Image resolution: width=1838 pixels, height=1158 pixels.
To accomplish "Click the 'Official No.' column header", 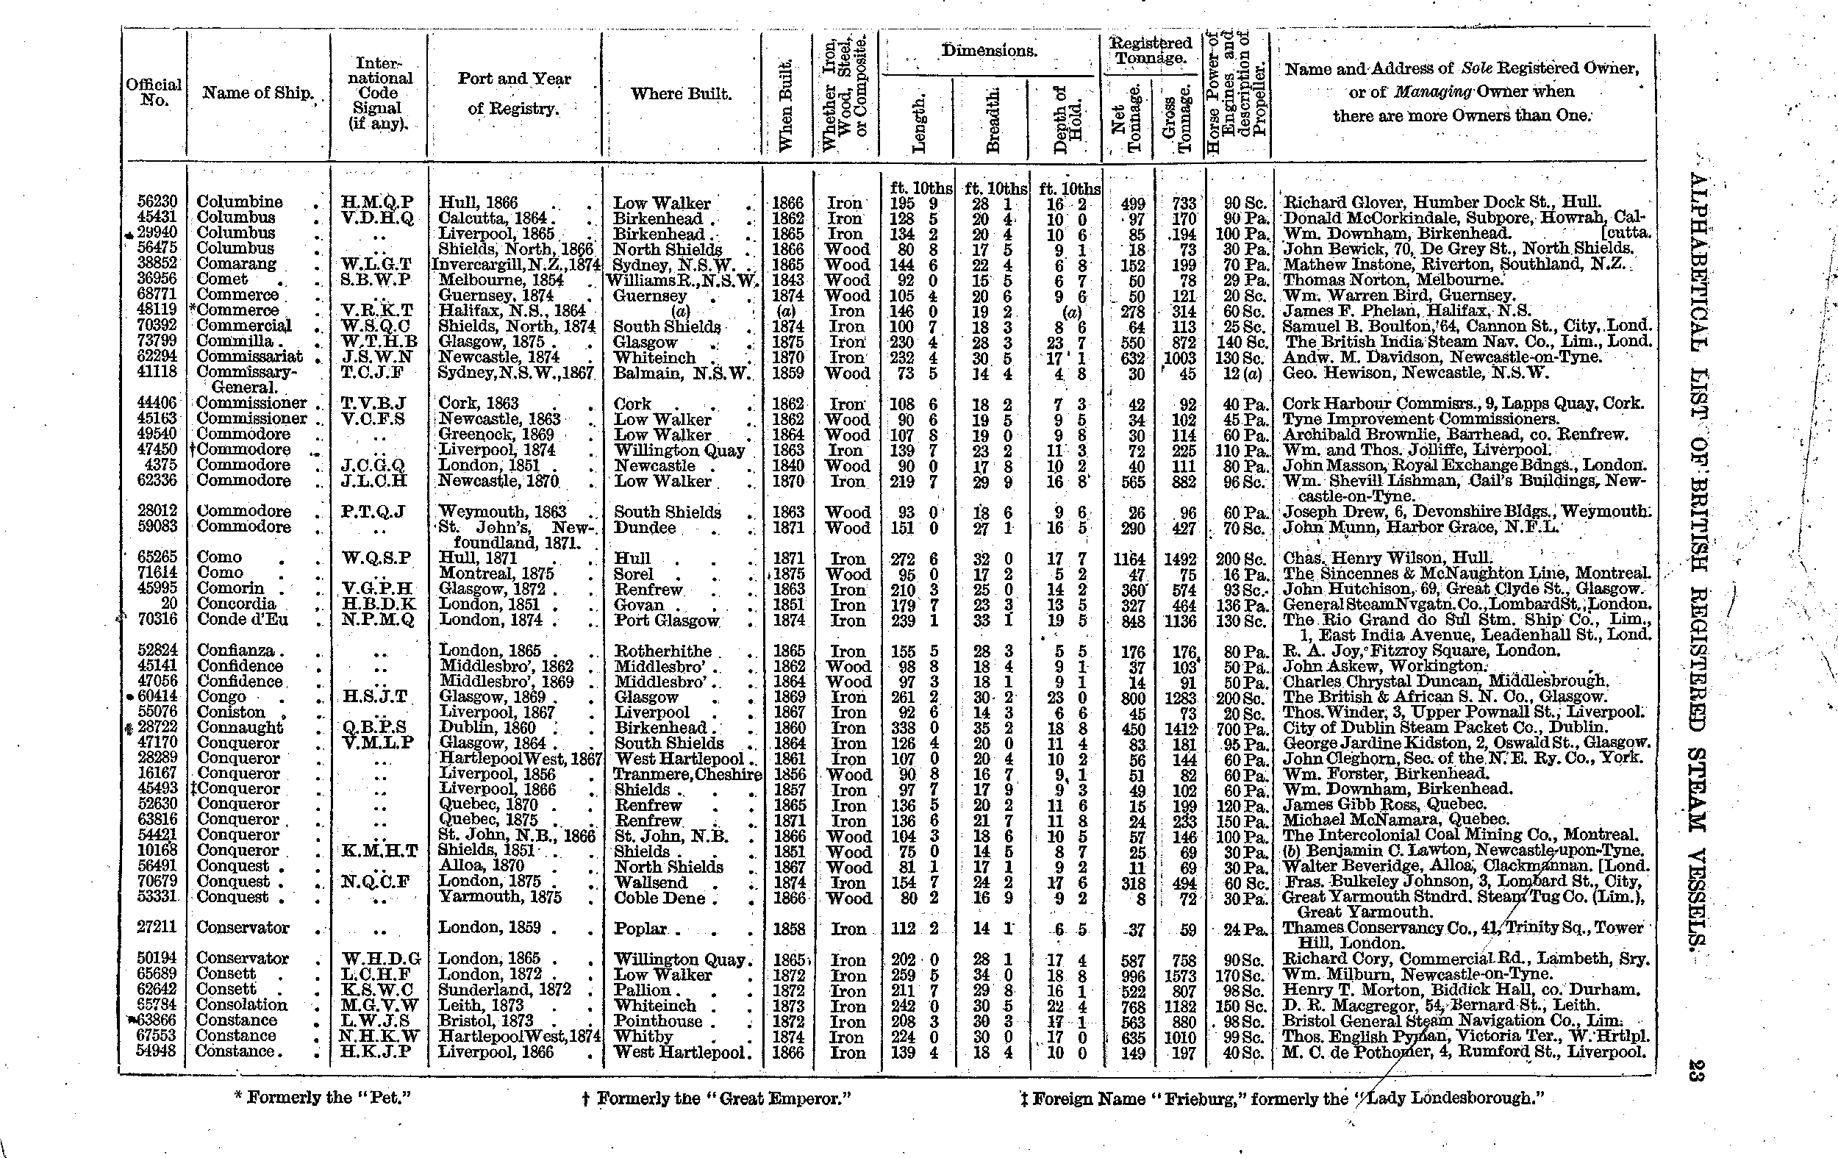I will click(154, 93).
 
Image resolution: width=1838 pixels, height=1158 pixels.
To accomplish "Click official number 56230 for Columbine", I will click(157, 201).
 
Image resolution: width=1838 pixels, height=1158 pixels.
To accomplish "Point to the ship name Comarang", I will click(236, 264).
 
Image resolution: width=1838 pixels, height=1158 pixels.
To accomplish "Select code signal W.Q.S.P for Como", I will click(377, 558).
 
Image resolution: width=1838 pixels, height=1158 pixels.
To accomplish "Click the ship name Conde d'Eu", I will click(242, 619).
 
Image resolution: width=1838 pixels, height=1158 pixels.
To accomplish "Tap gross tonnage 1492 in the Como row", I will click(1179, 560).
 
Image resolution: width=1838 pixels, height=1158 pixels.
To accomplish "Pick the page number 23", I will click(1696, 1070).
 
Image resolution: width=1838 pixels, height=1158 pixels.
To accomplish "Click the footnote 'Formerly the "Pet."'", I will click(322, 1098).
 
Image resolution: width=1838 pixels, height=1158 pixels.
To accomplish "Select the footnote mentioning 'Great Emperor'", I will click(716, 1098).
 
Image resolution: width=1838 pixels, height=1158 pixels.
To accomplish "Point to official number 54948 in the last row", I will click(157, 1051).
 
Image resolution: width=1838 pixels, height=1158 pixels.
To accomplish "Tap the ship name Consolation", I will click(241, 1004).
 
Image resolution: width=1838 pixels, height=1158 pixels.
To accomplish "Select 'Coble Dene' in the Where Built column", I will click(660, 898).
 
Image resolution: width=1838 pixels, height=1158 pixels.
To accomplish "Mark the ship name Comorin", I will click(231, 588).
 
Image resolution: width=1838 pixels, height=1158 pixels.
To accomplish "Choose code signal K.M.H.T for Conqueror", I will click(379, 851).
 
